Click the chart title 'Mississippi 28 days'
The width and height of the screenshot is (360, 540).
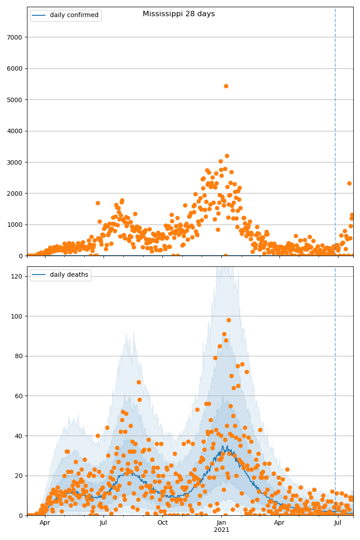pyautogui.click(x=179, y=14)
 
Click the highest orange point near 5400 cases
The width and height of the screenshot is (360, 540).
pyautogui.click(x=226, y=86)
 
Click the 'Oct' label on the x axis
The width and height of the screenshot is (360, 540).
pyautogui.click(x=162, y=522)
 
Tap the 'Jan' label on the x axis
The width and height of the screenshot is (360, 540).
pyautogui.click(x=221, y=522)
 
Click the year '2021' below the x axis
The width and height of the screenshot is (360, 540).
pyautogui.click(x=221, y=530)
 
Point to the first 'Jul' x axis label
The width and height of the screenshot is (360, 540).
pyautogui.click(x=103, y=522)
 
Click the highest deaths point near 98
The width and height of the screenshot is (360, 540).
pyautogui.click(x=229, y=320)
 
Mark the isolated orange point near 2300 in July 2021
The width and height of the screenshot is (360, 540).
pyautogui.click(x=349, y=183)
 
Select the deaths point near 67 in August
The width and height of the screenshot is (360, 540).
pyautogui.click(x=139, y=382)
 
